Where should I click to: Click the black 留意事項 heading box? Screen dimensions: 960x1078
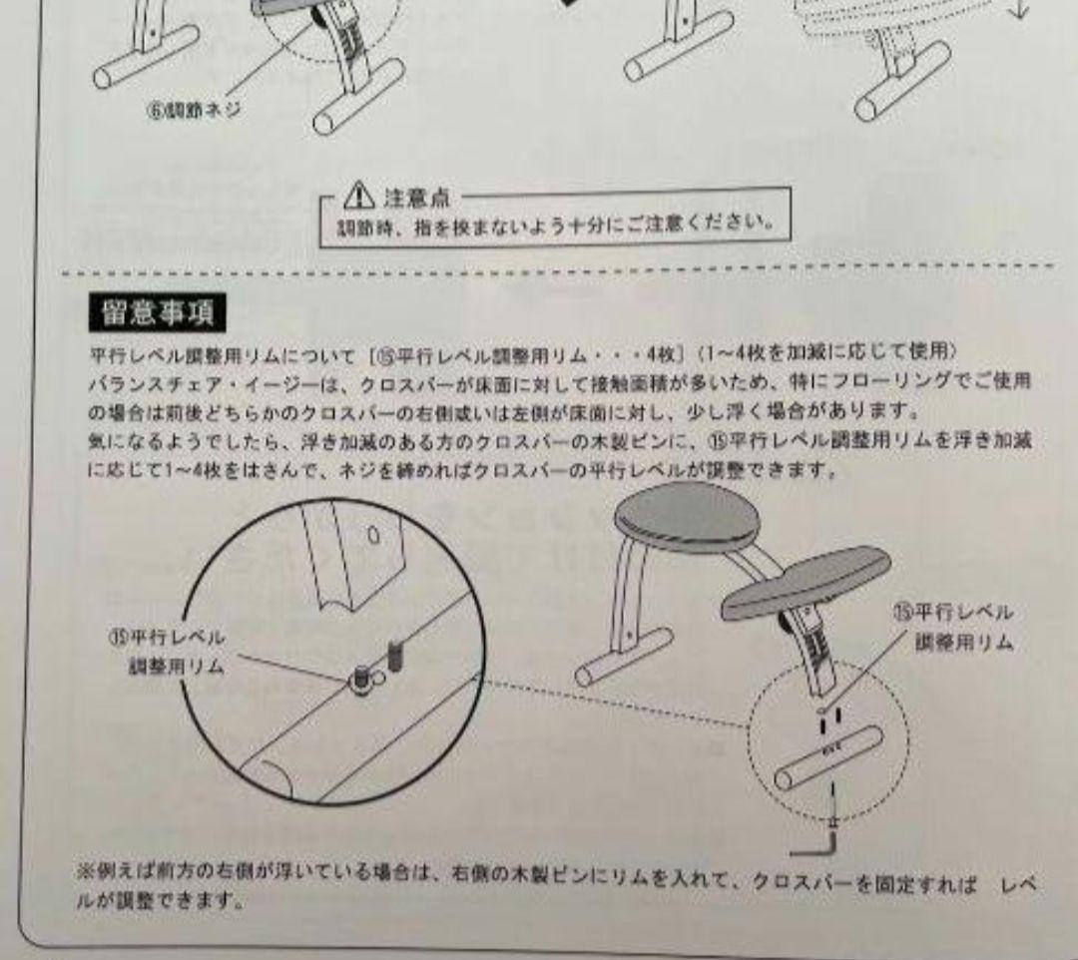click(x=158, y=312)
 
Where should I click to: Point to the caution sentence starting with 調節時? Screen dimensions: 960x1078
click(x=555, y=225)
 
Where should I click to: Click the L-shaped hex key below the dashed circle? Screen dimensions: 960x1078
click(x=814, y=848)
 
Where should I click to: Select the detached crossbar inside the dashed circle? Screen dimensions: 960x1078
click(x=827, y=758)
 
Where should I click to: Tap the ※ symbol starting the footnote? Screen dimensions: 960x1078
click(x=85, y=871)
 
